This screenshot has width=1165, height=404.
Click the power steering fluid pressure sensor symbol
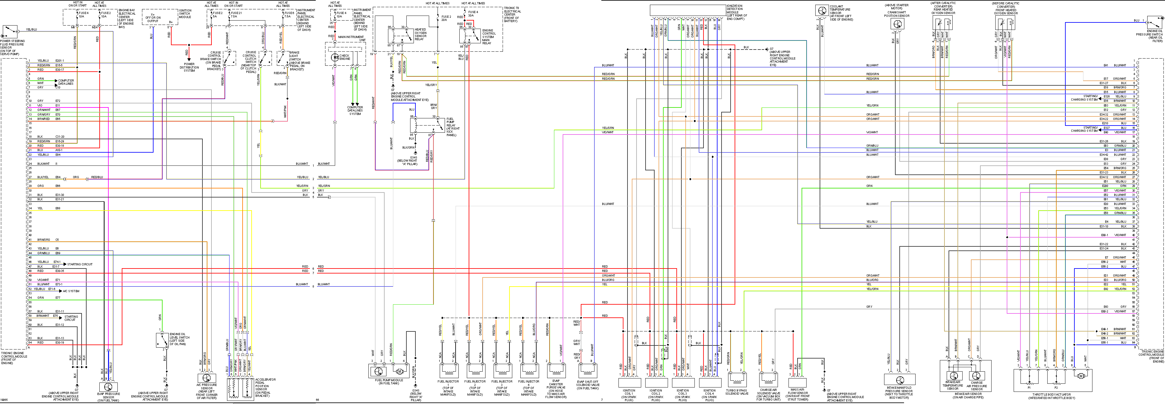tap(9, 32)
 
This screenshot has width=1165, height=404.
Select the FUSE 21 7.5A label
tap(236, 14)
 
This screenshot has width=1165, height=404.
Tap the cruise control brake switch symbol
tap(230, 58)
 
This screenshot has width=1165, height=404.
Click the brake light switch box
tap(284, 58)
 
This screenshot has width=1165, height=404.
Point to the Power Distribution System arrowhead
tap(189, 59)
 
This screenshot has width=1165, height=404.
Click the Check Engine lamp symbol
tap(335, 57)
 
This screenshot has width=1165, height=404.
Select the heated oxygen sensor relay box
tap(400, 36)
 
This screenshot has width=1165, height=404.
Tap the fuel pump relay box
tap(427, 125)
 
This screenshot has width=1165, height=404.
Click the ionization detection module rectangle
tap(687, 10)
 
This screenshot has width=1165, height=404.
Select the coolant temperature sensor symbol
tap(822, 10)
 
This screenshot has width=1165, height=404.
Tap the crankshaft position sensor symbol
tap(897, 24)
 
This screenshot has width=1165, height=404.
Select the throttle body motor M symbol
tap(1081, 376)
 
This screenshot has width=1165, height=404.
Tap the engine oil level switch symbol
tap(162, 340)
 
